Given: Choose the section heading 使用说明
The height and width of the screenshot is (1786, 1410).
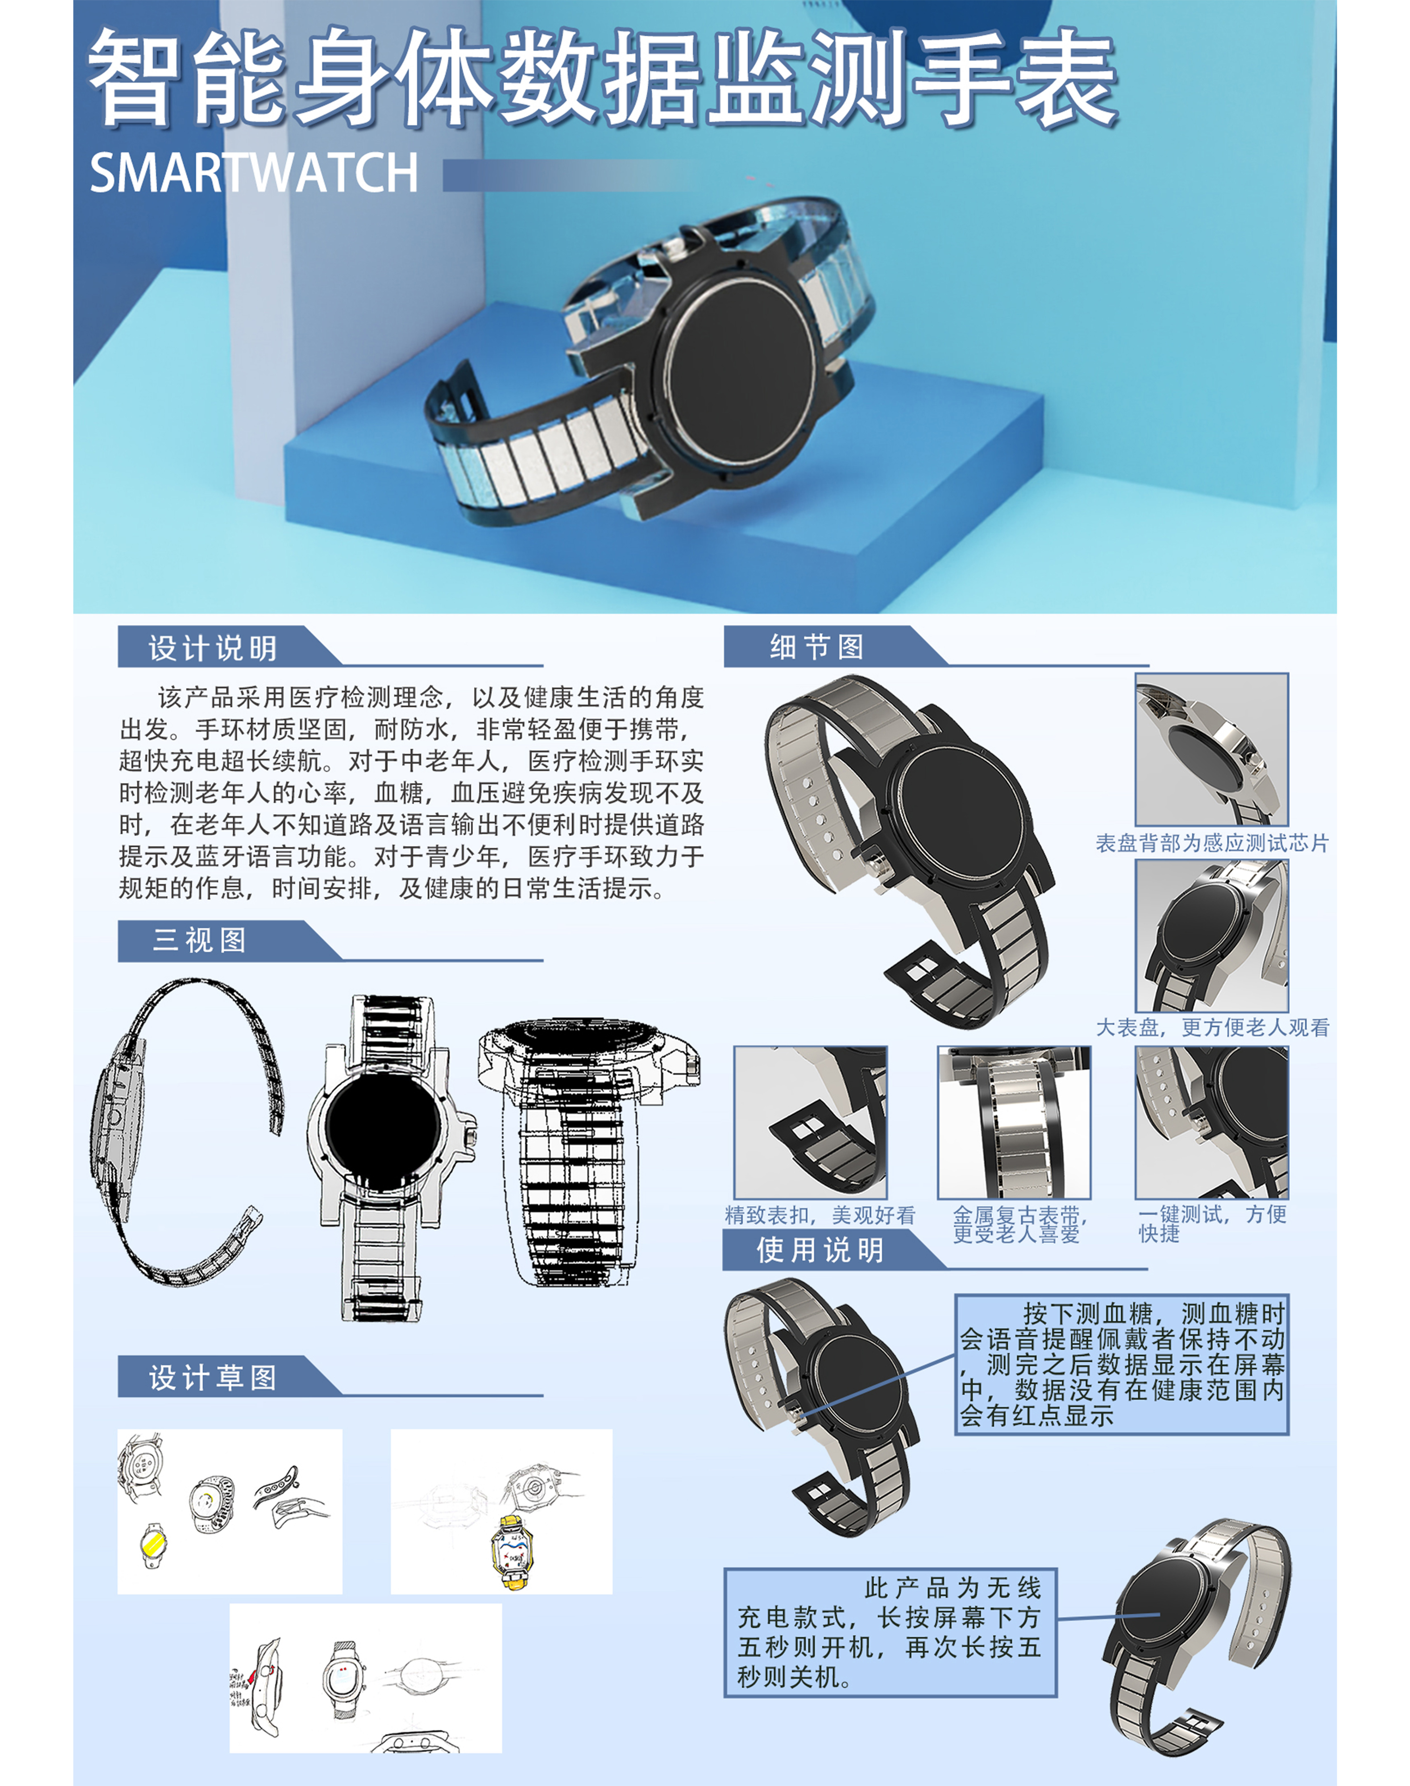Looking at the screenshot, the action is [820, 1250].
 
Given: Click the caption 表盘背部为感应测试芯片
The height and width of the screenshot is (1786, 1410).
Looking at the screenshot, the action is [1212, 843].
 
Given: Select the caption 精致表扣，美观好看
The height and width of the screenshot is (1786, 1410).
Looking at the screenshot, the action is [820, 1215].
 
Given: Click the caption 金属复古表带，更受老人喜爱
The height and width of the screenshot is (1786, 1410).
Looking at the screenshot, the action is [1020, 1224].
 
